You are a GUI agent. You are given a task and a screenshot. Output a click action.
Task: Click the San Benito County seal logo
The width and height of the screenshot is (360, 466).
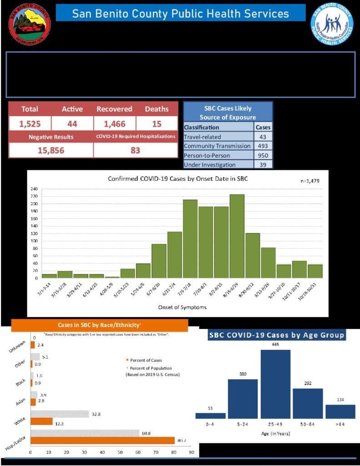[x=30, y=24]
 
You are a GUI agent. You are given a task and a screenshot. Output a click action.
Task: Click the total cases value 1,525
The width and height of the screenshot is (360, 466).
[x=30, y=123]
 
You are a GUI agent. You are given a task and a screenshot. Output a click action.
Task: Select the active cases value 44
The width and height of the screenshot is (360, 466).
[x=72, y=123]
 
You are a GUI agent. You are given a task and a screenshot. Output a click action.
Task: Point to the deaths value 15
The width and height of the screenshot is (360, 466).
[x=157, y=123]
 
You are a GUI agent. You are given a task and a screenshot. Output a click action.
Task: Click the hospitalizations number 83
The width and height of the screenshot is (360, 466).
[x=135, y=150]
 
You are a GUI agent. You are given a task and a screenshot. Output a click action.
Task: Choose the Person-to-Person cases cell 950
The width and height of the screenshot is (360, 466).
[x=264, y=155]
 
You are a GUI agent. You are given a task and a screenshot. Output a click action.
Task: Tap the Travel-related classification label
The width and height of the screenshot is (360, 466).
[x=202, y=137]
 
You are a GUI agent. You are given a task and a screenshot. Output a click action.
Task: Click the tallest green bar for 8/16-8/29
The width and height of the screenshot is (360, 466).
[x=237, y=236]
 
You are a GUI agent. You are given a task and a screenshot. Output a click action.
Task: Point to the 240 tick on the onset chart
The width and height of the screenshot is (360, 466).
[x=34, y=189]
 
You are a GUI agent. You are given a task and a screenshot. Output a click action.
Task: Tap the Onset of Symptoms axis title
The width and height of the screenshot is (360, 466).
[x=182, y=307]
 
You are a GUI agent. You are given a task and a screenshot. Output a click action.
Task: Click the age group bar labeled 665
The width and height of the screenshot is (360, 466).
[x=275, y=385]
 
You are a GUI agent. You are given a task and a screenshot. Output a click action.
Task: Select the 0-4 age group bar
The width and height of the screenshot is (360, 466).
[x=210, y=415]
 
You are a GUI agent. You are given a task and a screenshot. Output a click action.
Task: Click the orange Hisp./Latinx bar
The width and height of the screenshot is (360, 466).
[x=102, y=440]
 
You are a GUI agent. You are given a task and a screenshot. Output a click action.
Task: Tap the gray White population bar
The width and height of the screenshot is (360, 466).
[x=60, y=414]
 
